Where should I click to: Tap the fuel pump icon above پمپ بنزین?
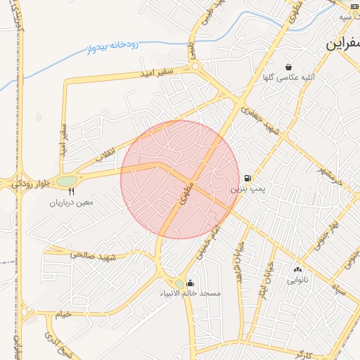point(247,179)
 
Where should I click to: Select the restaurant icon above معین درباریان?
point(71,191)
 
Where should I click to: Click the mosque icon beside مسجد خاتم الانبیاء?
point(191,283)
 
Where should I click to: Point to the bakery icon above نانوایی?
point(297,269)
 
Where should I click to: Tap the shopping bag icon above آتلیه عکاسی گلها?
point(288,67)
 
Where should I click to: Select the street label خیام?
point(63,314)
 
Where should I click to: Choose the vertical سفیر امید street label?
point(63,140)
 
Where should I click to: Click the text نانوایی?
point(297,280)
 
